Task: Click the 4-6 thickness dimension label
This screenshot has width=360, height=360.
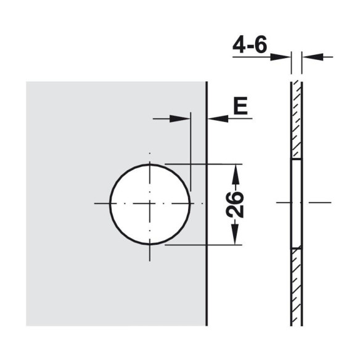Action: [x=250, y=44]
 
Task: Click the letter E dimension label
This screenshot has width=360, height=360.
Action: [x=240, y=105]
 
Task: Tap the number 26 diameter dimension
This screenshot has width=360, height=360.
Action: [x=235, y=204]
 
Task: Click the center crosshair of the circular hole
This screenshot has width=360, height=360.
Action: [x=150, y=203]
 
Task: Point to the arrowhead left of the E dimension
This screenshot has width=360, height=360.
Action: [x=179, y=119]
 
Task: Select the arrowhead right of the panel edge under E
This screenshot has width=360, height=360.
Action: [x=218, y=119]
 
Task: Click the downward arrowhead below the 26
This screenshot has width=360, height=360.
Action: [x=235, y=234]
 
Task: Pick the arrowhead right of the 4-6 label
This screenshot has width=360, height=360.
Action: [x=280, y=57]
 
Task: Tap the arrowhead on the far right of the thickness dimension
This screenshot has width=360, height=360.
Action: [x=313, y=57]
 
